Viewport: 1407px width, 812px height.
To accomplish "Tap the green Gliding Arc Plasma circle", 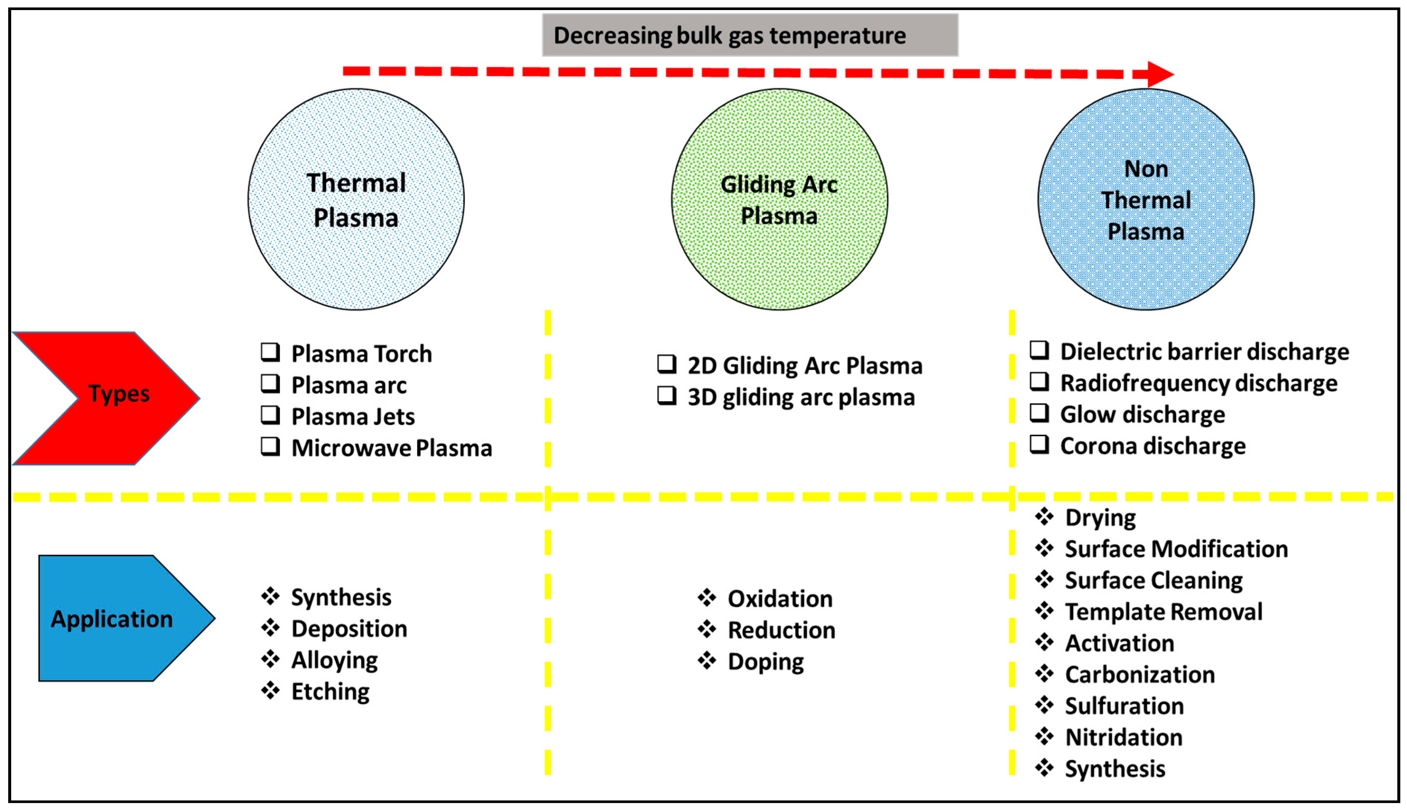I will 779,199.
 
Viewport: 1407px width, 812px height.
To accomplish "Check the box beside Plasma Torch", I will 270,352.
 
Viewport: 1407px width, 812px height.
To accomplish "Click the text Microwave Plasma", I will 391,448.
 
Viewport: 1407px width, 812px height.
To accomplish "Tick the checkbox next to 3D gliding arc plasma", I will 667,396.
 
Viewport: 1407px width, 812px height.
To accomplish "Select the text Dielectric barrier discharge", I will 1204,352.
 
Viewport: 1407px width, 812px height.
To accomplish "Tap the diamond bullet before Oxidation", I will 707,598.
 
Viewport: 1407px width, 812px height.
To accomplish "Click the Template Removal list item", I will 1163,612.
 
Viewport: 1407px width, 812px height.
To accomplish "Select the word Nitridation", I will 1123,737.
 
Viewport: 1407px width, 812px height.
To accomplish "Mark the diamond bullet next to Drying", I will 1044,517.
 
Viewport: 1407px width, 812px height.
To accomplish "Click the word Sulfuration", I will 1124,706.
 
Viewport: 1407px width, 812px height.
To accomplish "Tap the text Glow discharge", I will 1142,414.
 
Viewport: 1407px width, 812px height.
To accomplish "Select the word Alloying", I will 334,660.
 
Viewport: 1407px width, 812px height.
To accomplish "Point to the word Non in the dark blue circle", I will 1146,169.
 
